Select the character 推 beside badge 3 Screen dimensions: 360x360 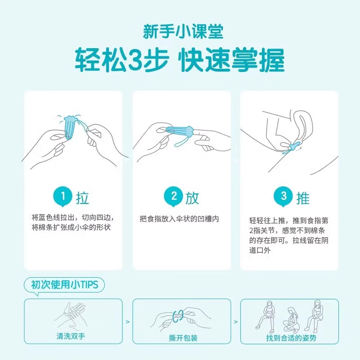pos(303,197)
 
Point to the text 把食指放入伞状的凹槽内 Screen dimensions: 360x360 pos(179,219)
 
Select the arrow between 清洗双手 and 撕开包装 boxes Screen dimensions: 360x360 pos(127,322)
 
